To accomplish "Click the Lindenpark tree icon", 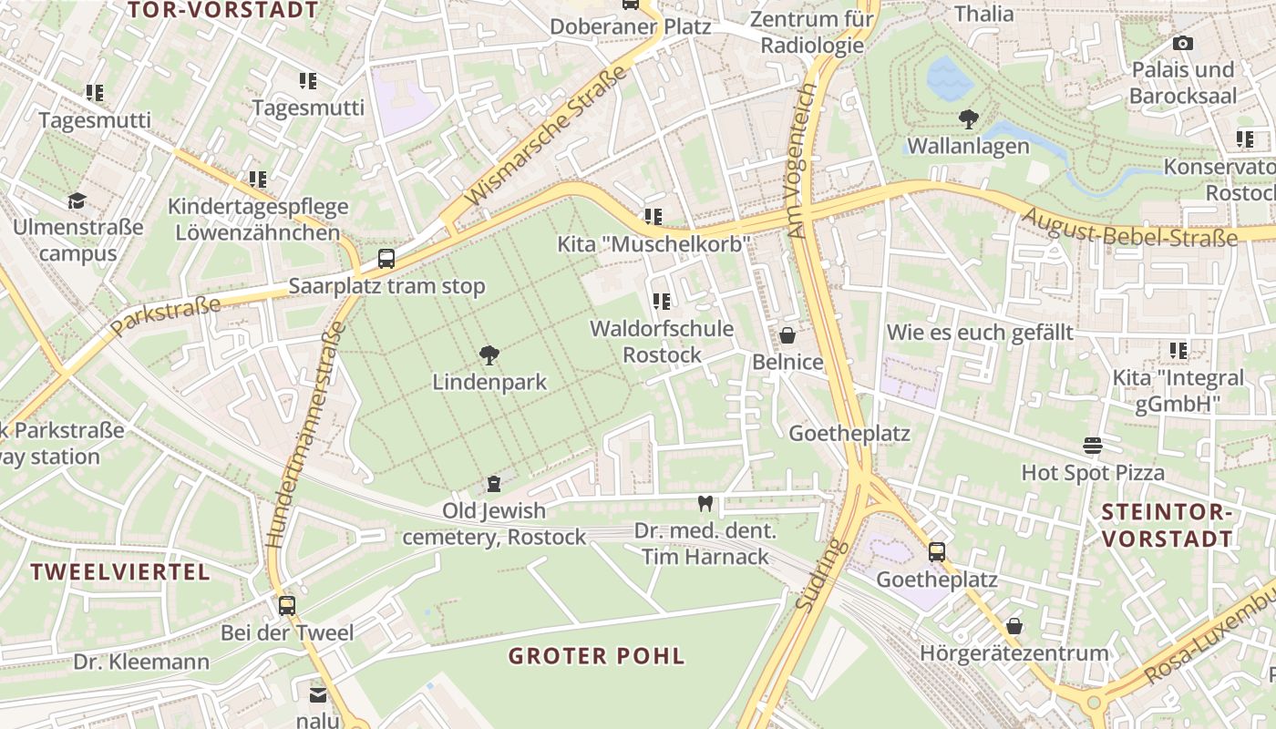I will [489, 355].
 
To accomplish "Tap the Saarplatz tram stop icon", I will [386, 258].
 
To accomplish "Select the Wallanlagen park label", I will [968, 146].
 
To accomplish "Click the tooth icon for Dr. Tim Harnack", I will [704, 502].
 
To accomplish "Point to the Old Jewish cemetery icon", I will [494, 483].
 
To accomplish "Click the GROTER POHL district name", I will [596, 656].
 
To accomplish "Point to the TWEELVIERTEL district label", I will [120, 572].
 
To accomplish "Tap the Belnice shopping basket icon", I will [787, 335].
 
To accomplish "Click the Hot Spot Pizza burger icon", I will [1092, 445].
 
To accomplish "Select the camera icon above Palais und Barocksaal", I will [1182, 43].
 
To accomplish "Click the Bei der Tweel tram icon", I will [287, 605].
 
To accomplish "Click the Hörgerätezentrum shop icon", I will [1014, 626].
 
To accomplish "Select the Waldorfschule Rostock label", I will [662, 341].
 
